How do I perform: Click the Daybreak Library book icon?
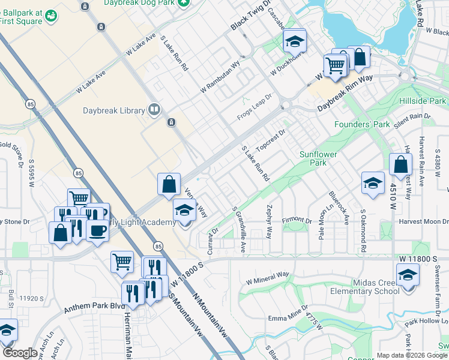pyautogui.click(x=155, y=109)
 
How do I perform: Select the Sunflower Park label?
pyautogui.click(x=319, y=158)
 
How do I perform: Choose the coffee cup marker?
pyautogui.click(x=97, y=230)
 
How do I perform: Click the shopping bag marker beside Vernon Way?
pyautogui.click(x=169, y=184)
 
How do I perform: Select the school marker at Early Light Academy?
pyautogui.click(x=184, y=210)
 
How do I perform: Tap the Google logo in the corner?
pyautogui.click(x=20, y=353)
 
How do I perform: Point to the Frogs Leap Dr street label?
pyautogui.click(x=255, y=106)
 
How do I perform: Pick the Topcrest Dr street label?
pyautogui.click(x=270, y=140)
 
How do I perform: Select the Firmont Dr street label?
pyautogui.click(x=297, y=221)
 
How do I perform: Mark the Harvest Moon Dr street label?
pyautogui.click(x=423, y=221)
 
